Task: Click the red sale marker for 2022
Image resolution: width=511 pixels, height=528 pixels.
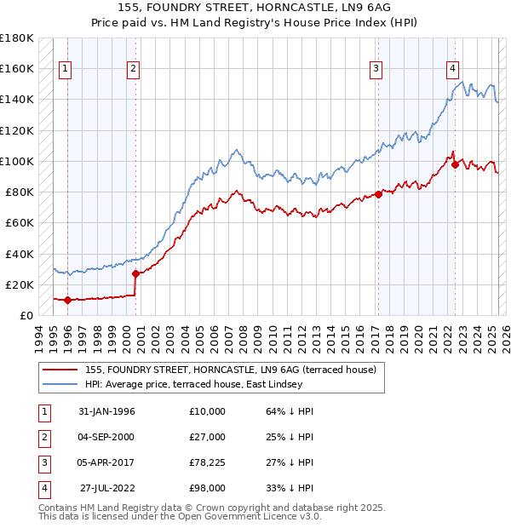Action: point(455,164)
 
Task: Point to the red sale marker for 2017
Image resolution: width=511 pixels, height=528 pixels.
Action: point(378,194)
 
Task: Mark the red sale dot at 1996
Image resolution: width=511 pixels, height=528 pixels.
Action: point(67,300)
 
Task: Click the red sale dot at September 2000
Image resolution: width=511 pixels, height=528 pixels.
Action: point(135,273)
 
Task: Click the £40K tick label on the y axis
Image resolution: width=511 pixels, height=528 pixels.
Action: point(20,254)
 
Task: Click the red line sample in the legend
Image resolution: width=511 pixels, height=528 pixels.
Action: point(60,370)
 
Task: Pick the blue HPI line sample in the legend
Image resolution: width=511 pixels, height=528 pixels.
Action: point(60,384)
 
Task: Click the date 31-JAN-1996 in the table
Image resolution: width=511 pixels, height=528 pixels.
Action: point(106,411)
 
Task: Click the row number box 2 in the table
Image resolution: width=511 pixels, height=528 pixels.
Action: point(43,437)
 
